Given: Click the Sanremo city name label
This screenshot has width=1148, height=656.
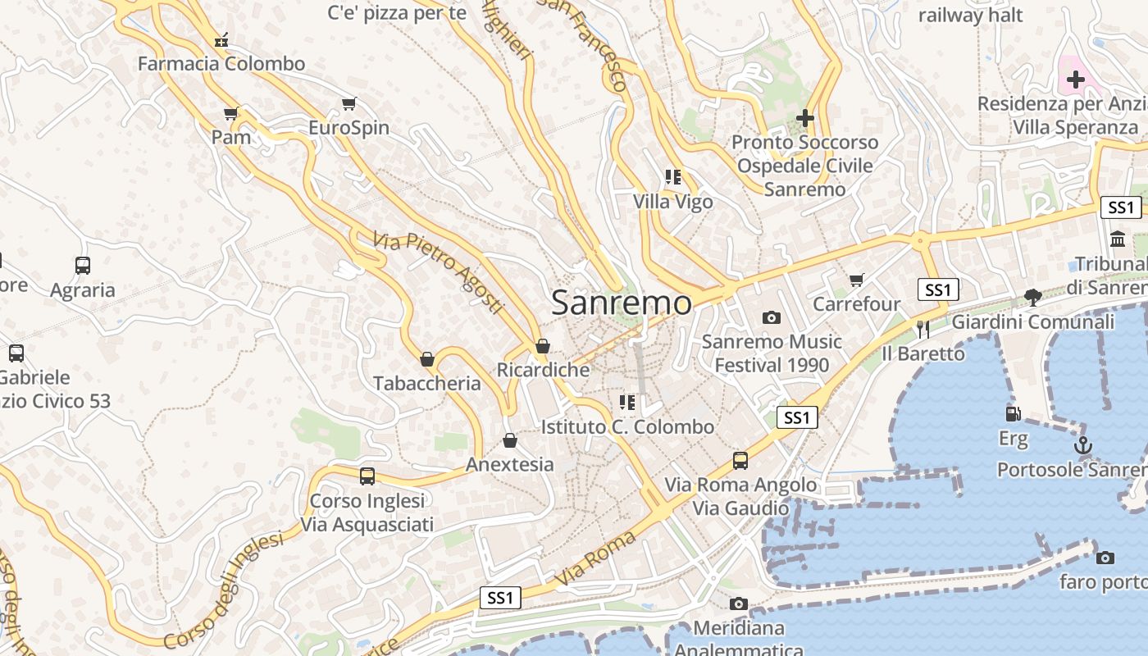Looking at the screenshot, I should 622,303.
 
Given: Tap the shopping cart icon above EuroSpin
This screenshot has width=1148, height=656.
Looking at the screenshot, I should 349,104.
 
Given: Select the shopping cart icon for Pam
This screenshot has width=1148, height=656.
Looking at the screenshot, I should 231,114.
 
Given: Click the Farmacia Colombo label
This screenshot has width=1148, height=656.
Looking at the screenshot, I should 221,63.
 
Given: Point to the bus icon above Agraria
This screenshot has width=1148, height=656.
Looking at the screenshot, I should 83,266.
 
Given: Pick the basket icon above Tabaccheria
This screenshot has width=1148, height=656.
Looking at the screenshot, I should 426,359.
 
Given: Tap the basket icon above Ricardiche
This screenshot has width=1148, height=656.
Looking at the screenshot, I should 542,347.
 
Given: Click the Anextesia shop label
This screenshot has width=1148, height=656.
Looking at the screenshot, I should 510,464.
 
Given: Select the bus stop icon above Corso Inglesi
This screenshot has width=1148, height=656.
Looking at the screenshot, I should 367,476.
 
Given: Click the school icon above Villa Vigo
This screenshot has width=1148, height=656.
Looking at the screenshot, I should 673,177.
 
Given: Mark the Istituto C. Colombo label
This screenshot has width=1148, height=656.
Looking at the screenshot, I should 627,426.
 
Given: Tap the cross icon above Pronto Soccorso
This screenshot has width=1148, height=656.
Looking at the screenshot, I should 805,118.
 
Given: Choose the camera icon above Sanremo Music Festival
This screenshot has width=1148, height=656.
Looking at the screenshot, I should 772,317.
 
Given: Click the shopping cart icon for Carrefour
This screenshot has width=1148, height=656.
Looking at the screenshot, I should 857,280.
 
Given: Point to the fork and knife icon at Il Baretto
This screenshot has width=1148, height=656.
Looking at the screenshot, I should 923,330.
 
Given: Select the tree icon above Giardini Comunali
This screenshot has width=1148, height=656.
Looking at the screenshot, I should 1033,298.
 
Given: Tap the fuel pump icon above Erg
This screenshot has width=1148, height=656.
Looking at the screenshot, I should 1014,415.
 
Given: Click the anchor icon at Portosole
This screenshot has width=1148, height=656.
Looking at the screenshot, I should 1083,446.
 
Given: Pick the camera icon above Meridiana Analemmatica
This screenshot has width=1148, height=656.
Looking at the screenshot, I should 739,604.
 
